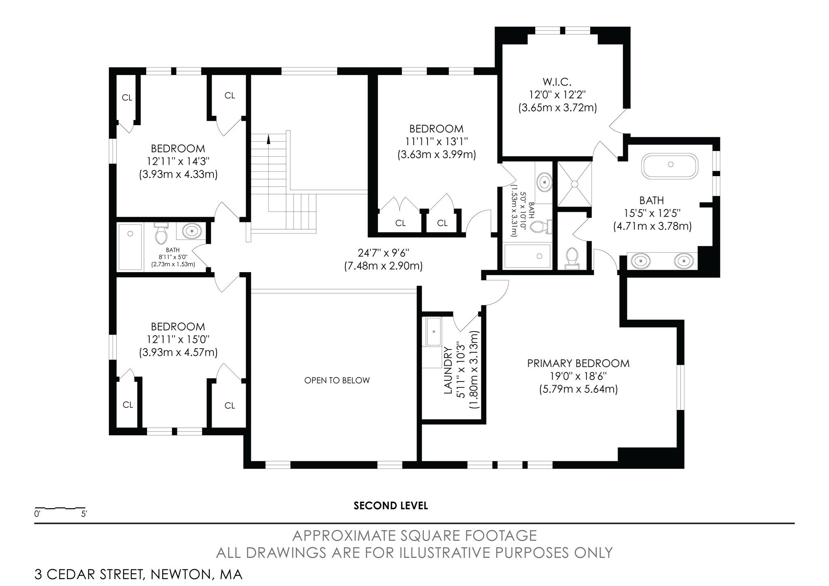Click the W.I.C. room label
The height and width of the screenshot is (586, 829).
click(x=557, y=82)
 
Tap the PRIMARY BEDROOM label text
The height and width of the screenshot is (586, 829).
click(x=578, y=363)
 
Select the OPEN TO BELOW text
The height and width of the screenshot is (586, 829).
click(x=337, y=380)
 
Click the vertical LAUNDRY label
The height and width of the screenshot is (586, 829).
click(x=448, y=371)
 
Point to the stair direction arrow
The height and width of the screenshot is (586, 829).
click(x=268, y=140)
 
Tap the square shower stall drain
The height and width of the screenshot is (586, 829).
click(x=574, y=184)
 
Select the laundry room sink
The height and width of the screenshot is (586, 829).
click(x=433, y=332)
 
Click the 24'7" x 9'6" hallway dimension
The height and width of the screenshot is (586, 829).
click(x=383, y=253)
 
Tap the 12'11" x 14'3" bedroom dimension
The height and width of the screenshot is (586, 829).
click(x=178, y=161)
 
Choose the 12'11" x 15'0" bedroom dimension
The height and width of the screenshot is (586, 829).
click(x=178, y=339)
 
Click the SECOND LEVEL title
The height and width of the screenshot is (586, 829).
click(x=391, y=505)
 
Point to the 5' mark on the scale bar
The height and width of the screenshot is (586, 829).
click(x=84, y=514)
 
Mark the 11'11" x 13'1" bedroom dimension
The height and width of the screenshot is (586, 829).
click(x=436, y=141)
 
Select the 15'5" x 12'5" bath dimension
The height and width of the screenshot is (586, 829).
click(x=652, y=213)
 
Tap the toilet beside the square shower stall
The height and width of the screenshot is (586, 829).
click(x=572, y=258)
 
